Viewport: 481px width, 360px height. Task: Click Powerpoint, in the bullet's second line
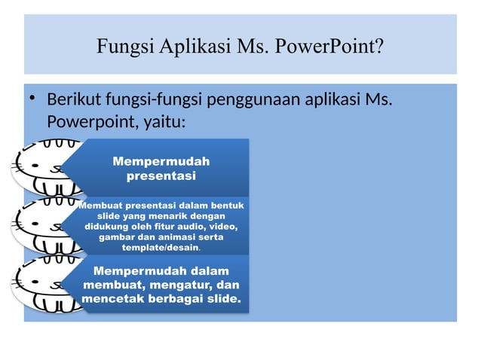click(87, 121)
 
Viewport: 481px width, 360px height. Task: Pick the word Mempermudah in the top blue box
click(161, 161)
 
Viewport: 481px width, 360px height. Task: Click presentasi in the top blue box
click(161, 176)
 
